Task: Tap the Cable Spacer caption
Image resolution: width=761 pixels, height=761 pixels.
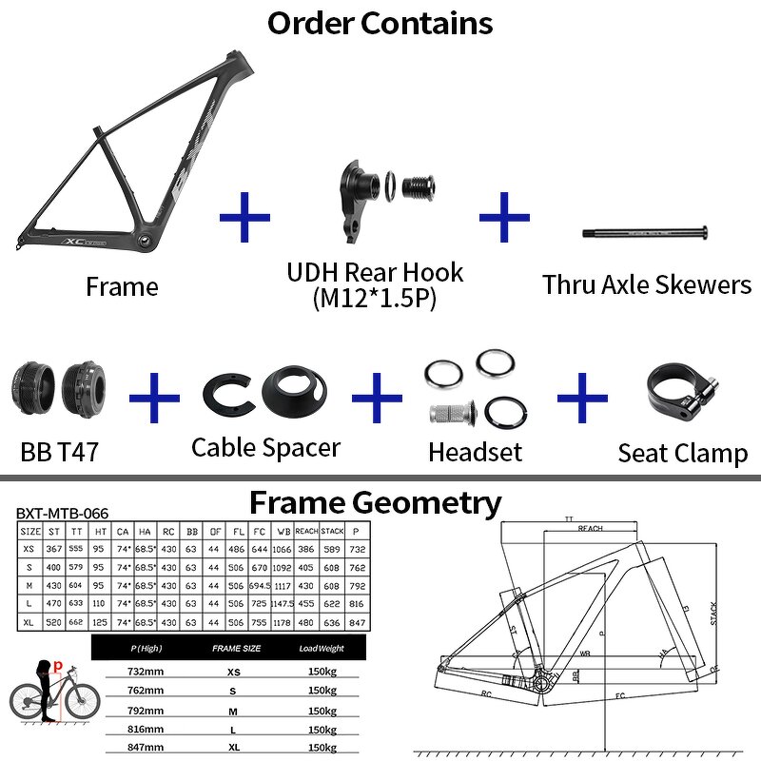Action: pyautogui.click(x=265, y=446)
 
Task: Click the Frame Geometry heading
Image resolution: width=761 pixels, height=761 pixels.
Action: pyautogui.click(x=375, y=502)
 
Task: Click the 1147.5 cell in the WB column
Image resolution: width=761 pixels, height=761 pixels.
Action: pyautogui.click(x=281, y=602)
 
